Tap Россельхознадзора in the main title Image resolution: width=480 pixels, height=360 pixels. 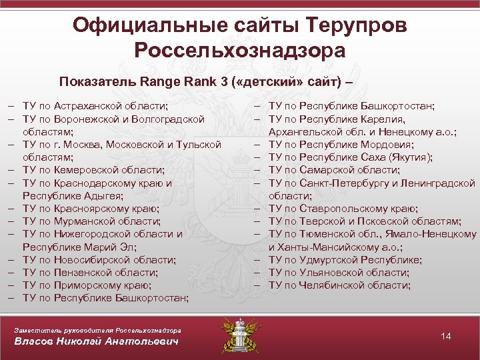click(240, 51)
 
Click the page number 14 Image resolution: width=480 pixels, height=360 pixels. click(446, 336)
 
